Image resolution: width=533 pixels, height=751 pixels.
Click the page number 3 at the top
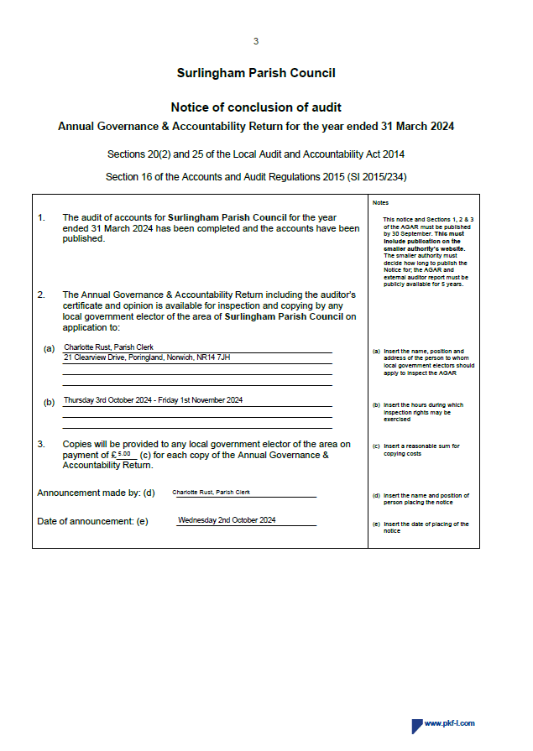coord(256,41)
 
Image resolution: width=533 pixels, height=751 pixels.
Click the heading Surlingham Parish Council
coord(256,73)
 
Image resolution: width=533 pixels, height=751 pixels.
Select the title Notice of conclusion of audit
coord(256,107)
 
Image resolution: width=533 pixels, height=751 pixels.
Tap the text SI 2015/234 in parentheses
coord(374,177)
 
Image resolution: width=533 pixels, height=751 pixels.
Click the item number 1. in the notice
coord(41,218)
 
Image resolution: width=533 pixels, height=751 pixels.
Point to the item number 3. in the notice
coord(41,444)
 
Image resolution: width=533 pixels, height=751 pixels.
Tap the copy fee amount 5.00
coord(123,453)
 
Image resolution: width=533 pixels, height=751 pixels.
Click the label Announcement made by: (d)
coord(96,493)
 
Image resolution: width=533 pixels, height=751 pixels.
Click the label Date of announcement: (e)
coord(92,521)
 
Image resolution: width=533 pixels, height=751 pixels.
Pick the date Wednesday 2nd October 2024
coord(227,520)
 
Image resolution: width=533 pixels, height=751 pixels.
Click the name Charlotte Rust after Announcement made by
coord(211,493)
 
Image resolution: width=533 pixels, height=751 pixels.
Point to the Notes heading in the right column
coord(380,203)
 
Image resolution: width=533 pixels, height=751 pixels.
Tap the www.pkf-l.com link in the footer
coord(450,723)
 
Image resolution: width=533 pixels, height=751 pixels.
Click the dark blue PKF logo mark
coord(416,726)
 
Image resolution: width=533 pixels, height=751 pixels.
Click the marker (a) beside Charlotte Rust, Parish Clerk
coord(49,347)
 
